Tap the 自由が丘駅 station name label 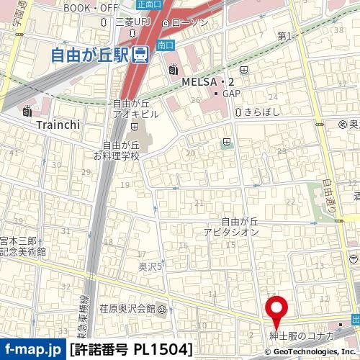(93, 53)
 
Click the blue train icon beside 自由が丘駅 (142, 54)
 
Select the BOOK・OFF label (90, 8)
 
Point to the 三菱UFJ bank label (135, 22)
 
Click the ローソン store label (189, 22)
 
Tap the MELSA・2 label (207, 81)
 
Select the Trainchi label (58, 123)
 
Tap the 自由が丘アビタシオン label (230, 228)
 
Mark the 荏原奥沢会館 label (129, 309)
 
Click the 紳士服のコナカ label (301, 336)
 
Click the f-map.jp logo (32, 350)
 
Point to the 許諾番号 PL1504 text (132, 350)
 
